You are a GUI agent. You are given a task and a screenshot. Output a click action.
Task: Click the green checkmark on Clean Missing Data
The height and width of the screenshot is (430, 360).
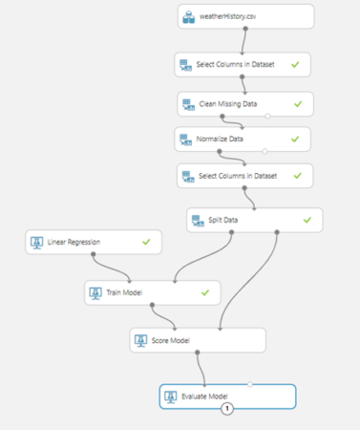298,102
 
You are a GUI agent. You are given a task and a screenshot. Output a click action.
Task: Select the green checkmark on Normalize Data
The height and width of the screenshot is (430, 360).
295,139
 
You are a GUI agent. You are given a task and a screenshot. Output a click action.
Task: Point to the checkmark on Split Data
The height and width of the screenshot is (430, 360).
307,220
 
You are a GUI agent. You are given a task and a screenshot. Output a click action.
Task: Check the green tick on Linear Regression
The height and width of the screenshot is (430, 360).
146,243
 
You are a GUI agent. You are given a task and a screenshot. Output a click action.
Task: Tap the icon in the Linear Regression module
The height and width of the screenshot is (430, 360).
36,243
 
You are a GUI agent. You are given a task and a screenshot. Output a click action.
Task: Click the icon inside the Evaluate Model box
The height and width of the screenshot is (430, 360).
171,396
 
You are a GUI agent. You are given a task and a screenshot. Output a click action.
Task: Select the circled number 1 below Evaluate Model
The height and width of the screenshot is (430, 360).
228,410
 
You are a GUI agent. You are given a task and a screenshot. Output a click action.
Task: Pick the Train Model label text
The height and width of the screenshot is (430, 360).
126,291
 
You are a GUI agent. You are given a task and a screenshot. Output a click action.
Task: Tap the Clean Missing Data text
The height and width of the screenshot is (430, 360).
233,102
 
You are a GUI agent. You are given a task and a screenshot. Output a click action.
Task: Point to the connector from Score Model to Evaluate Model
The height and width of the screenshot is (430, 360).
199,369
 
